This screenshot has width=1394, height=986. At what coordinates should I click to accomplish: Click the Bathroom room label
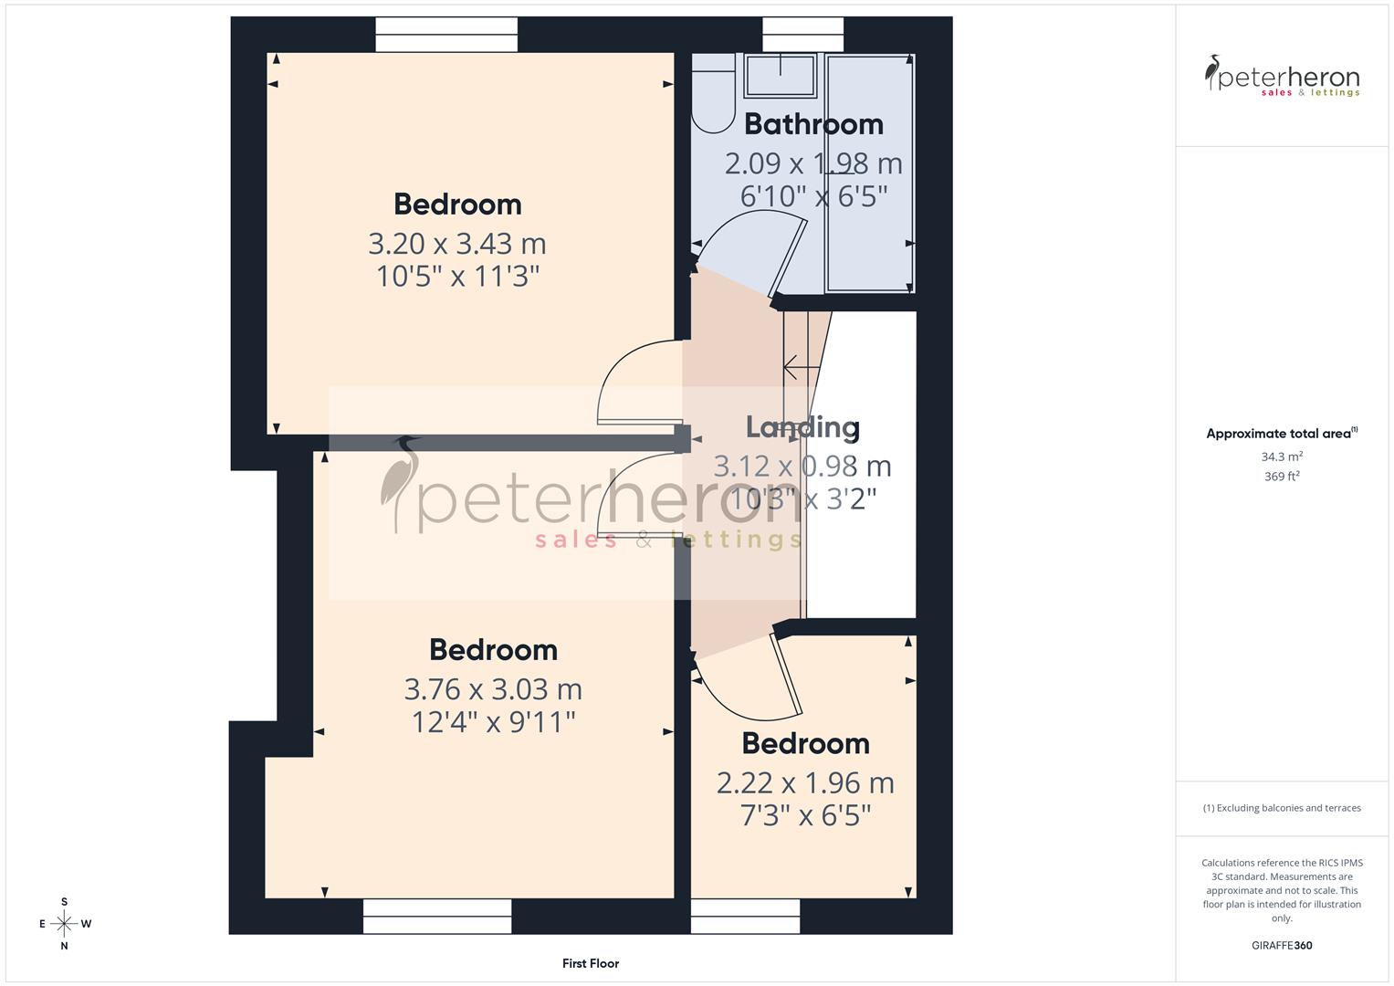coord(813,124)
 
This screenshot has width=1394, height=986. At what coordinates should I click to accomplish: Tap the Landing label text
coord(802,427)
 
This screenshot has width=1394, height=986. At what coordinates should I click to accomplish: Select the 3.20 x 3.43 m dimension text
coord(457,244)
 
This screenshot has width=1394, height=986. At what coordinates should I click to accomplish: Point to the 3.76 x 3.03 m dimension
coord(493,689)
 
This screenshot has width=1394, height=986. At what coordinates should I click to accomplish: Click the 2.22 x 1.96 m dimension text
coord(805,783)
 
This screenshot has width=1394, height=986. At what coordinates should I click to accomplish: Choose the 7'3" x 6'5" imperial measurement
coord(805,814)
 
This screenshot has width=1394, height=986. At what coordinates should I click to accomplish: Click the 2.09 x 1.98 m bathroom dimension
coord(813,164)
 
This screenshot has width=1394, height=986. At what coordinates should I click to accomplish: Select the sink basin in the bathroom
coord(781,75)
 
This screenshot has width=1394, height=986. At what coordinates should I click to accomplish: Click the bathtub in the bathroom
coord(869,173)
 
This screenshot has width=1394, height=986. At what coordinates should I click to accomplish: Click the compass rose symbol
coord(64,924)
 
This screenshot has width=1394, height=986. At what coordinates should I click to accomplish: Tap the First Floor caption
coord(591,963)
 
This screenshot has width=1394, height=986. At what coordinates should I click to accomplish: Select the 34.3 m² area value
coord(1282,456)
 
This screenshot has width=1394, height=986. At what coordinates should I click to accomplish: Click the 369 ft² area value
coord(1282,477)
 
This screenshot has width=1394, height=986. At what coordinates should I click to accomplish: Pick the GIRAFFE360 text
coord(1282,945)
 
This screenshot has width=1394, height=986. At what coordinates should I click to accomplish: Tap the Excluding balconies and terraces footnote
coord(1282,808)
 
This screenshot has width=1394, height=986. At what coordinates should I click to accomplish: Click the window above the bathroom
coord(802,35)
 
